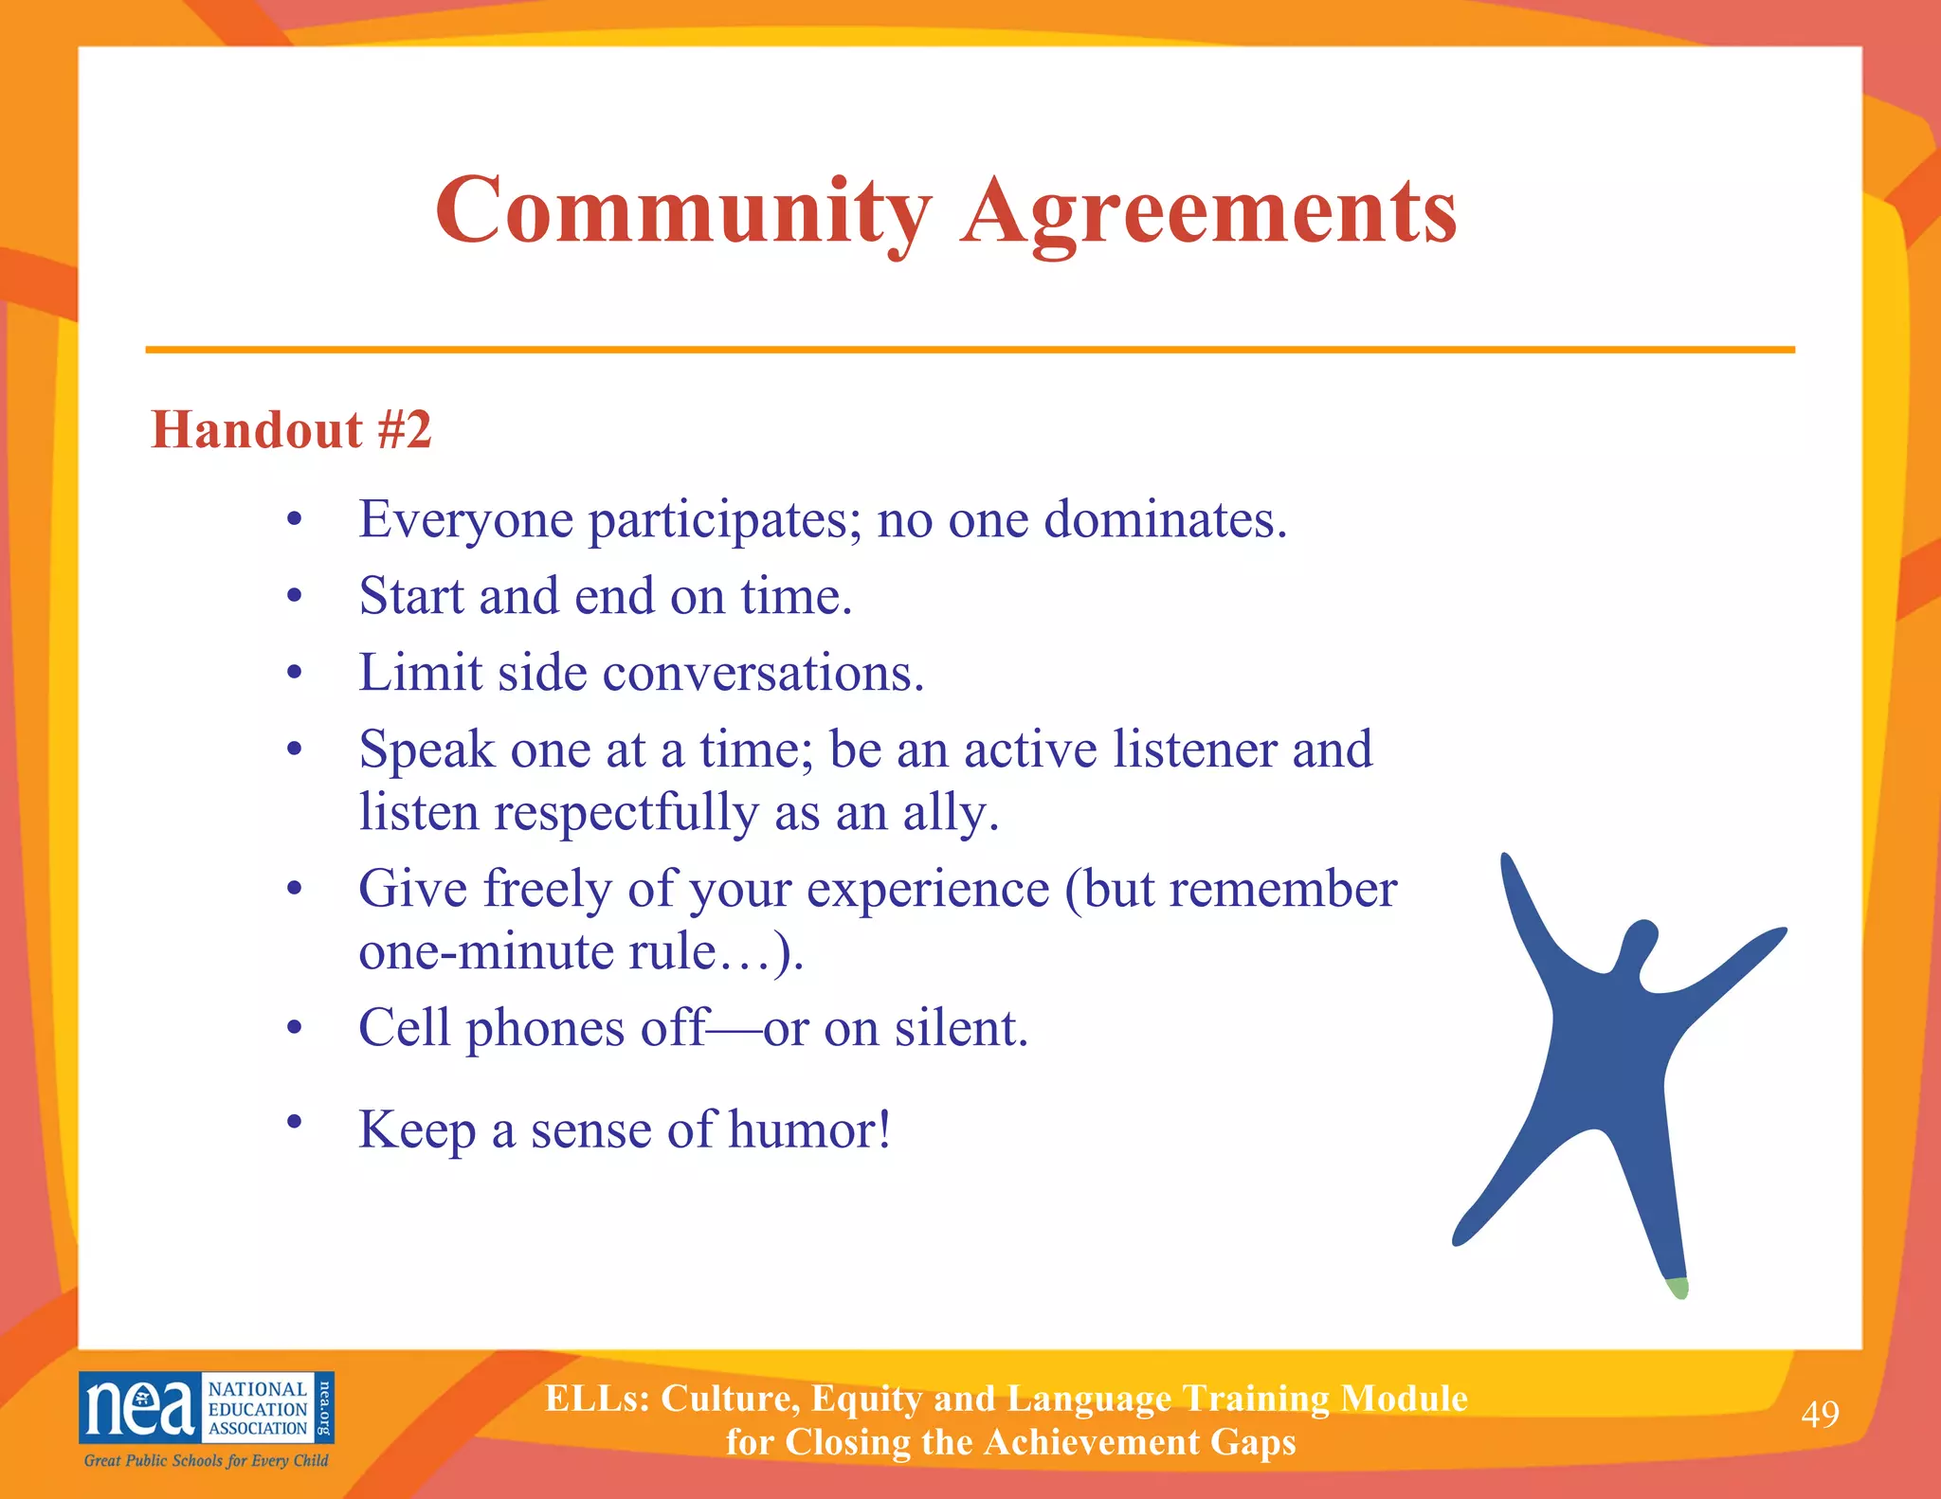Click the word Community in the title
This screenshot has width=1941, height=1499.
[x=682, y=212]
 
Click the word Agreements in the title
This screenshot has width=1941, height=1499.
[x=1209, y=214]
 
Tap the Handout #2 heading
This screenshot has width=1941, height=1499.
[x=291, y=429]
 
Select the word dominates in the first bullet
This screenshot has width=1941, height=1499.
[x=1165, y=520]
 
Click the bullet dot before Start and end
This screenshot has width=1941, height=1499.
[x=295, y=596]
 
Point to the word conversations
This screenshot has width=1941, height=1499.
[x=763, y=674]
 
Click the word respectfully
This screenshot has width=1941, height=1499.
[x=626, y=813]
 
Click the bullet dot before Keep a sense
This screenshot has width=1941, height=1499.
[x=295, y=1122]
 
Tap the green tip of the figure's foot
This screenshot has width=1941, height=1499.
[x=1678, y=1288]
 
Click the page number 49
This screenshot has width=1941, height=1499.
[x=1820, y=1414]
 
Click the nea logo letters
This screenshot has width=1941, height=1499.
[x=140, y=1408]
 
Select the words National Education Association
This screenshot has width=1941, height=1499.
[x=258, y=1409]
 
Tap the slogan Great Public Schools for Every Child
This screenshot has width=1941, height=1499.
[x=206, y=1460]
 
